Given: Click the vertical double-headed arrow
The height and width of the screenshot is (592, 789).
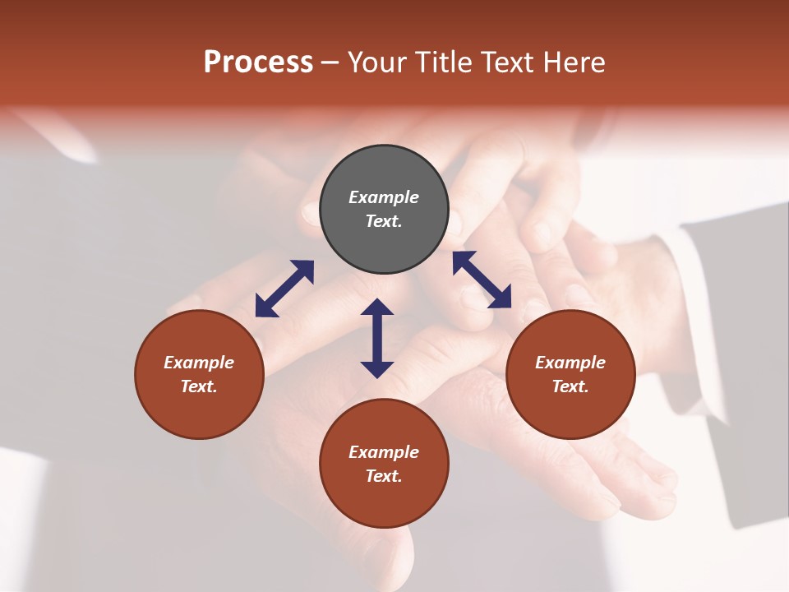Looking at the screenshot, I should [x=377, y=338].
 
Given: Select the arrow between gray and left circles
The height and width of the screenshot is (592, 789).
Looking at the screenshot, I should [x=284, y=289].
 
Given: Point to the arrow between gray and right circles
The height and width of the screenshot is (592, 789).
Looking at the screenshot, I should [x=482, y=280].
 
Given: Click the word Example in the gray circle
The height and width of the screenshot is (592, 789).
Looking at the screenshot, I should [x=384, y=197].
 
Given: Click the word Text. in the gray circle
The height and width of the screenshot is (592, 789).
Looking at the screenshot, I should [x=384, y=221].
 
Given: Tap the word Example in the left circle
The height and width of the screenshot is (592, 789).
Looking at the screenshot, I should [x=199, y=363].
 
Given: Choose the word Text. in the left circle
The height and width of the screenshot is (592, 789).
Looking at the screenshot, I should [x=199, y=386].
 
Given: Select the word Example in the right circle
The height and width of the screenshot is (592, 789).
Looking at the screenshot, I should [x=570, y=363].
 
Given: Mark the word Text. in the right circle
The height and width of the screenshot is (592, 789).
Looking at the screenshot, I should [x=570, y=386].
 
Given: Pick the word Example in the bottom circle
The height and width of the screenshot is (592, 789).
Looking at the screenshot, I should [x=384, y=452].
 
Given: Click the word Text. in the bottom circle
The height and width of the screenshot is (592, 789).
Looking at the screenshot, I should [x=384, y=476].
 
